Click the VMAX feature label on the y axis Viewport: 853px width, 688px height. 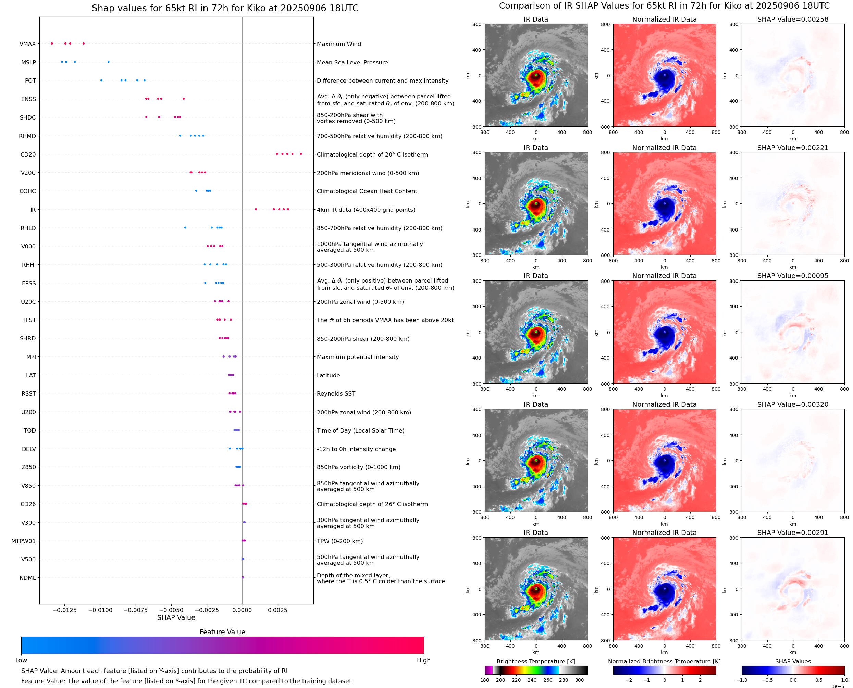(x=27, y=44)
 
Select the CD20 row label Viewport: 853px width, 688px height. (x=28, y=154)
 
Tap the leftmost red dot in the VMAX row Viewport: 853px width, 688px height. (x=52, y=43)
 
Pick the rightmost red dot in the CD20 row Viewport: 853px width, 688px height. (x=301, y=154)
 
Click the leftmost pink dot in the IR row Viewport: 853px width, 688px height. (x=256, y=209)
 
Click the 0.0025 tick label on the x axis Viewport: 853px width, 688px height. (x=277, y=610)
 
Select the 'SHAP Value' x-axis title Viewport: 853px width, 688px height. (x=176, y=617)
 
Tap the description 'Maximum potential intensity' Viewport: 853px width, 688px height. (x=358, y=357)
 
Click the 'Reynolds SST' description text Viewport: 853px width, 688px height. (x=336, y=393)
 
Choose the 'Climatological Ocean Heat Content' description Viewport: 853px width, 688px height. (x=367, y=191)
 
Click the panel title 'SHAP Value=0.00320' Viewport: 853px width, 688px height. (x=792, y=405)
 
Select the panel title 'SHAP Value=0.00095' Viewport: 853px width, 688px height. (x=792, y=276)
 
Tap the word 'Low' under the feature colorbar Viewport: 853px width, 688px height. (x=21, y=660)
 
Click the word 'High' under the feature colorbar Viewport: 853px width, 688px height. (x=423, y=660)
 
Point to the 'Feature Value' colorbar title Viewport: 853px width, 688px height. (x=222, y=632)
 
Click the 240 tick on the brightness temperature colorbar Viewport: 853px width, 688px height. (x=532, y=680)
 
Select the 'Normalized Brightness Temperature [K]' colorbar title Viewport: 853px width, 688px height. (x=664, y=661)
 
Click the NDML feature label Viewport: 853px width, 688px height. (x=27, y=578)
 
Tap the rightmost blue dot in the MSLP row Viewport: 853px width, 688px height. (x=109, y=62)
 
